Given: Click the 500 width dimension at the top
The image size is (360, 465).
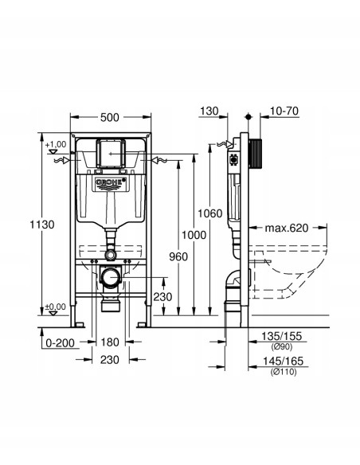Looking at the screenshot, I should click(111, 116).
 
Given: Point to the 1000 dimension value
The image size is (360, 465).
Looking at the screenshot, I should click(193, 235).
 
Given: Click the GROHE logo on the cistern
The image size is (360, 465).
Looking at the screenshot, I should click(112, 183).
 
